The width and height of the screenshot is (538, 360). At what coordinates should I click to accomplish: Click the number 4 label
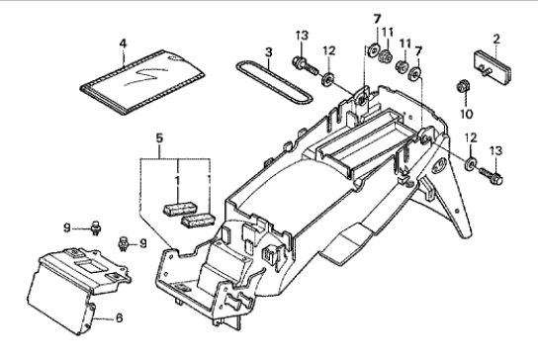click(123, 44)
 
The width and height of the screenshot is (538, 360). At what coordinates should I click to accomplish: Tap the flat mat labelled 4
click(142, 81)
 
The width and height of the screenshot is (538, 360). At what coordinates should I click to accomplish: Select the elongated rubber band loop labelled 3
click(274, 81)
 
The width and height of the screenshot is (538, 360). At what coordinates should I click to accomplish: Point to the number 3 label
click(269, 52)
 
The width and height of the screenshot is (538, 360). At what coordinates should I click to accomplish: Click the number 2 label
click(496, 40)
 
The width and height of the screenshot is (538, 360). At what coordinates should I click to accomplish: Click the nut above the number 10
click(463, 86)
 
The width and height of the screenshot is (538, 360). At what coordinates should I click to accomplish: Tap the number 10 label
click(466, 114)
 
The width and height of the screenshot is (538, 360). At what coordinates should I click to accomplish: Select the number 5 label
click(159, 138)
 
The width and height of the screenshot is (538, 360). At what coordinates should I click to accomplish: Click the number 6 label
click(119, 318)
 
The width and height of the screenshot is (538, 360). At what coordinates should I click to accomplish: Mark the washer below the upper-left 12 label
click(327, 80)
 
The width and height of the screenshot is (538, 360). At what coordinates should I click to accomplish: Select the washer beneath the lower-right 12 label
click(470, 163)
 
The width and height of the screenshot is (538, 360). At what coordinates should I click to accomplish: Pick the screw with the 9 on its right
click(123, 243)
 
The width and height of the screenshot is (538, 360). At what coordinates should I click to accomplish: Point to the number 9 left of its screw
click(67, 227)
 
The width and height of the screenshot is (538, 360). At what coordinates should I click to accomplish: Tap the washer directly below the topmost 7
click(373, 50)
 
